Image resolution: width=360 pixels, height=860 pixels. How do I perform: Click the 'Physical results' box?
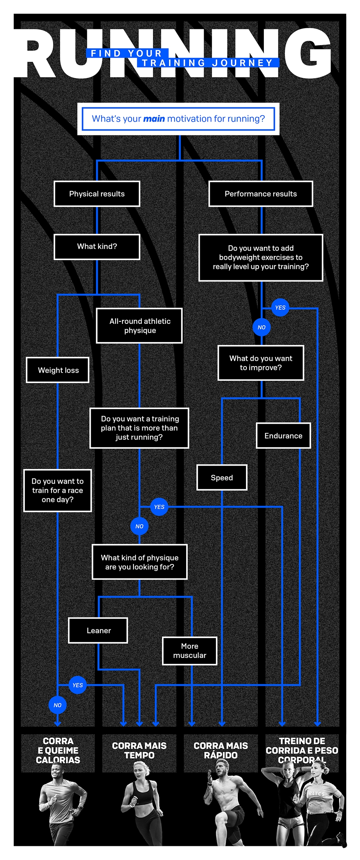coord(97,194)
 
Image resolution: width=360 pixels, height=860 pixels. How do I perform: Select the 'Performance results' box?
coord(261,194)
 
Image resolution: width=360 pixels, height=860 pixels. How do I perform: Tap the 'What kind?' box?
coord(97,247)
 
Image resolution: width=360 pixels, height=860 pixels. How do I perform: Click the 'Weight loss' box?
coord(58,370)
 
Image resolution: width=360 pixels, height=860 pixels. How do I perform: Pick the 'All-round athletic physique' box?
coord(139,326)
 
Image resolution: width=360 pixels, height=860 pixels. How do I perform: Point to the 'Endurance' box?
coord(283,436)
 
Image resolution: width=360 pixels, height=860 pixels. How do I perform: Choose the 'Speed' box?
coord(222,477)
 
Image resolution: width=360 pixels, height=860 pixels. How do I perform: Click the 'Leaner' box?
coord(98,630)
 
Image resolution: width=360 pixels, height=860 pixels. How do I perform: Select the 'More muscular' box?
coord(190,651)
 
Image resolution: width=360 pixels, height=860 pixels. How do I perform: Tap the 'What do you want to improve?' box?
coord(261,363)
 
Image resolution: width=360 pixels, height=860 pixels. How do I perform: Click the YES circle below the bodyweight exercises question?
coord(280,308)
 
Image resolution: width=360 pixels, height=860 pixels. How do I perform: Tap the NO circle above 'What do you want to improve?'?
coord(262,327)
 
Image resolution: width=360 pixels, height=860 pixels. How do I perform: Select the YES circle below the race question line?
coord(78,685)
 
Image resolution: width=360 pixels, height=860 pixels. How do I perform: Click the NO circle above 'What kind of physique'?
coord(140,526)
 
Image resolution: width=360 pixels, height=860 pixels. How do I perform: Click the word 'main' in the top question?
coord(154,119)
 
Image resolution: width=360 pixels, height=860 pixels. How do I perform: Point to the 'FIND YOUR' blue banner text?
coord(127,53)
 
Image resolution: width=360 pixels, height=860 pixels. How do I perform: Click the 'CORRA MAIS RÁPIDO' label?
coord(221,750)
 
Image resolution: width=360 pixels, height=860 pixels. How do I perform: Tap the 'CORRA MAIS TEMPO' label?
coord(139,750)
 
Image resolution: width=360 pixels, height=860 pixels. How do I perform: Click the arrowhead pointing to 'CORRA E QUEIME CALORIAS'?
coord(58,723)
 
